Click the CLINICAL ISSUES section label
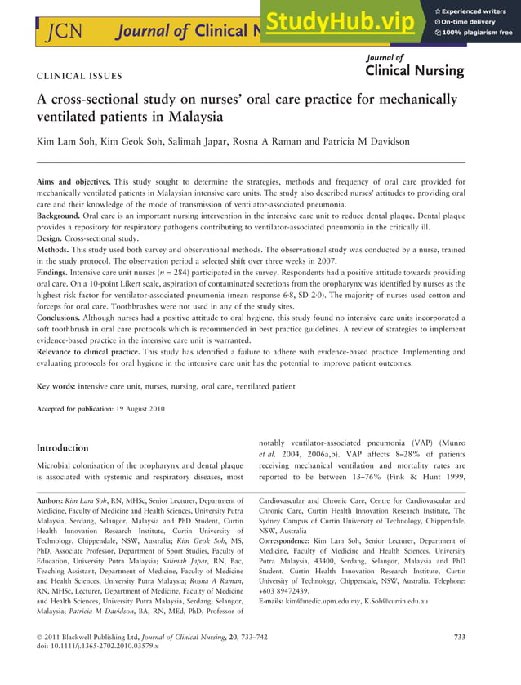79,77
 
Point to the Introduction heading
63,447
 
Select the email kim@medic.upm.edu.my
332,601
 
